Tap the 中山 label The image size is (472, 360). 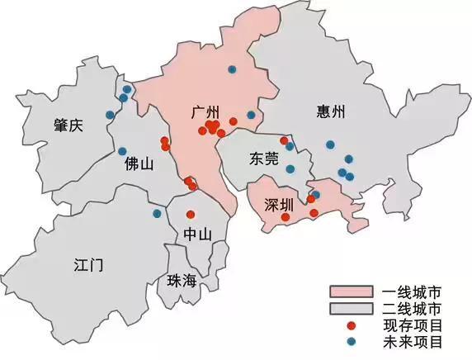[197, 234]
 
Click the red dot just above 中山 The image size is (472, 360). [191, 215]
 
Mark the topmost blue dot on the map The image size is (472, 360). [231, 69]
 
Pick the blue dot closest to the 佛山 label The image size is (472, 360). [123, 151]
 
